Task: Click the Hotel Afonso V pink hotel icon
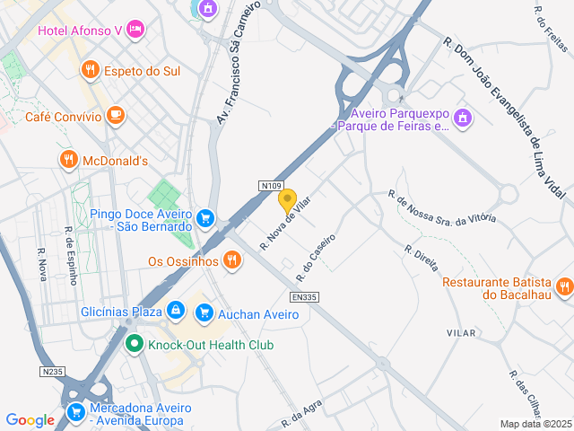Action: tap(135, 31)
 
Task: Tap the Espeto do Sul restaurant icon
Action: tap(90, 70)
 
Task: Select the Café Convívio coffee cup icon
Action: tap(115, 115)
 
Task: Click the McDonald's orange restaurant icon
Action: tap(68, 161)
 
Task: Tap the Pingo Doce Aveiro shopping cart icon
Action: tap(206, 218)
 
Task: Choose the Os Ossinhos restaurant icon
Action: tap(232, 261)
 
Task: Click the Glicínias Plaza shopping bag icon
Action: tap(176, 312)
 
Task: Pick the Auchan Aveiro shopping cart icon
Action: tap(205, 313)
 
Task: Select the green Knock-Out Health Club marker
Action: tap(135, 344)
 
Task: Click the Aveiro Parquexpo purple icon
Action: tap(463, 118)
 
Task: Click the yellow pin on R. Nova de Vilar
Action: tap(288, 199)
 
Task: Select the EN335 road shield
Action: tap(305, 296)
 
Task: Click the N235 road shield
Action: tap(52, 371)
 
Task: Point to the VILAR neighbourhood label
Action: tap(461, 333)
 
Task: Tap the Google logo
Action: tap(30, 419)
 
